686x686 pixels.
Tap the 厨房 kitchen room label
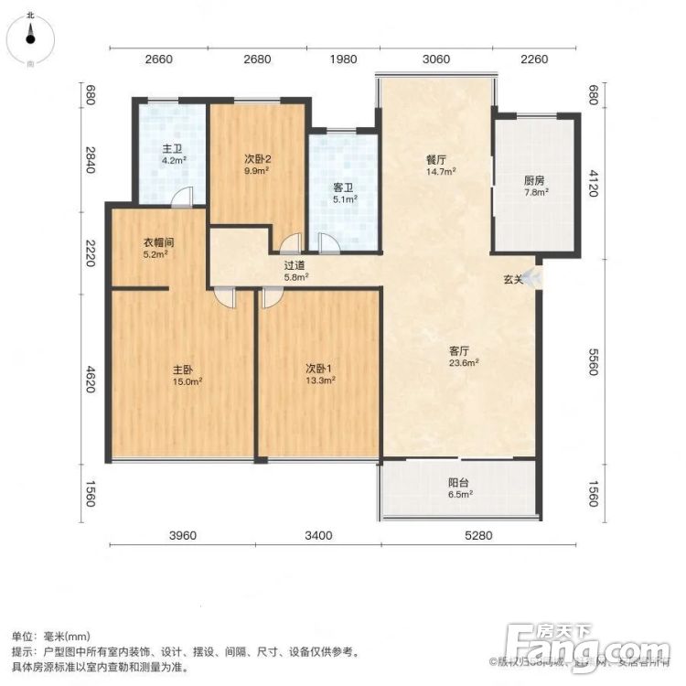pos(536,180)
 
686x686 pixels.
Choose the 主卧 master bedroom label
pos(183,370)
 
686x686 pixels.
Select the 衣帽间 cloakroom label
pos(158,242)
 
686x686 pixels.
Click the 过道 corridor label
pos(295,264)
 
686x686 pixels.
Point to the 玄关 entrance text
pos(512,280)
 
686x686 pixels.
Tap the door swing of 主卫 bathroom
pos(183,196)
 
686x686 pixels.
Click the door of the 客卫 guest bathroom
pos(327,242)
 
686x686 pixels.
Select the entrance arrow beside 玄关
pos(533,278)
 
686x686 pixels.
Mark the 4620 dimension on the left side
pos(91,378)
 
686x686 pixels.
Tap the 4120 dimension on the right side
pos(593,183)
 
